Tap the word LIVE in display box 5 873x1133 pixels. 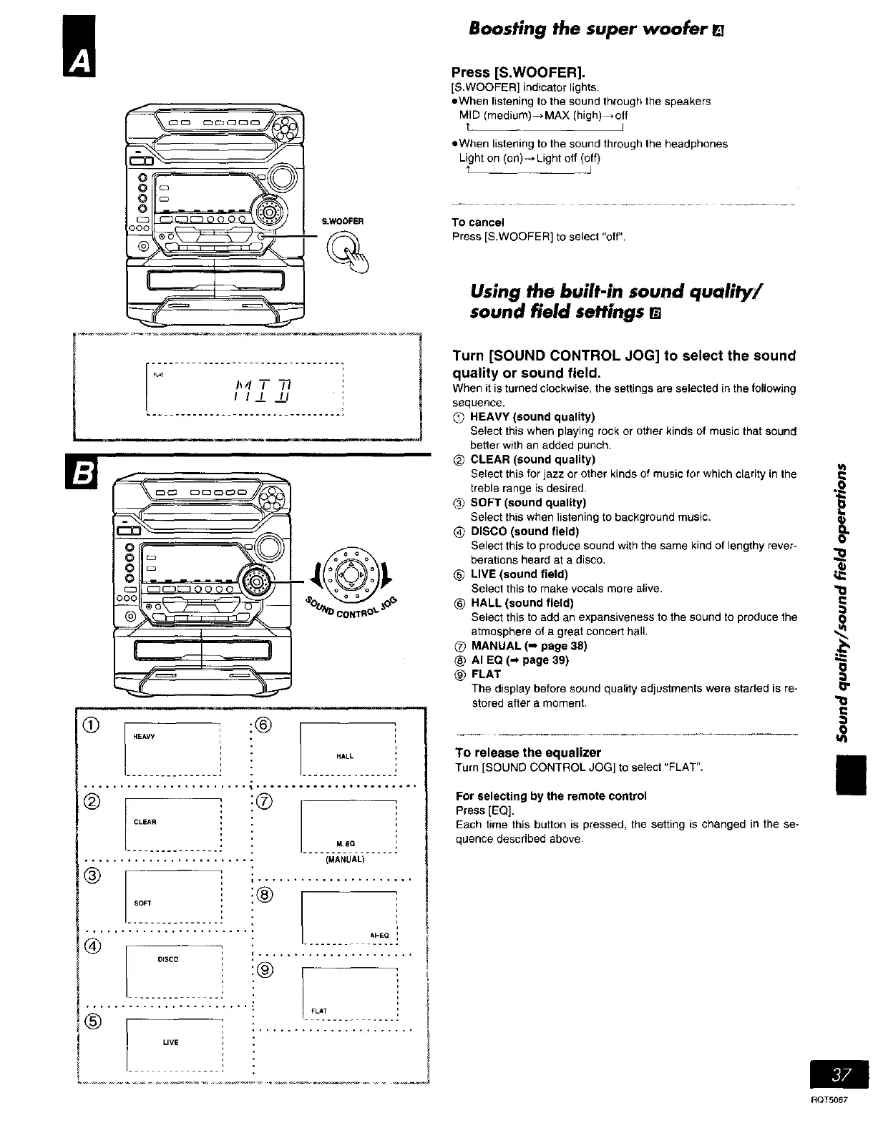pyautogui.click(x=170, y=1042)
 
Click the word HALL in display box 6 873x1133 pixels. pyautogui.click(x=345, y=756)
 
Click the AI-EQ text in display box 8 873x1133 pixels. pyautogui.click(x=379, y=935)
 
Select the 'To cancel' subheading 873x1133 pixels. pyautogui.click(x=478, y=222)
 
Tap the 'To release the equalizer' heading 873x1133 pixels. pyautogui.click(x=528, y=752)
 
